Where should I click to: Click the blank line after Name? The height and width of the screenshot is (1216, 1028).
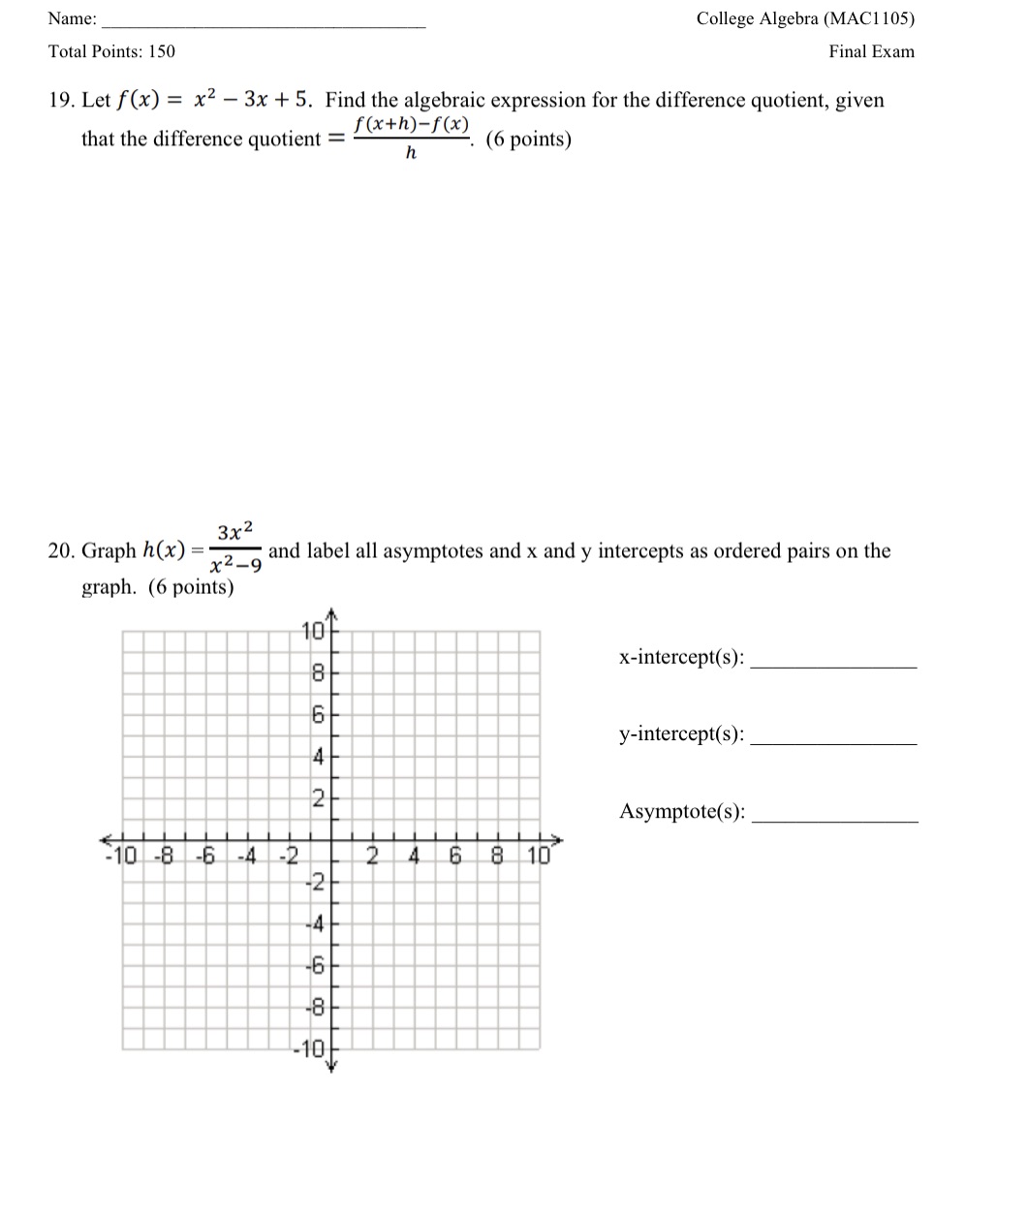point(264,23)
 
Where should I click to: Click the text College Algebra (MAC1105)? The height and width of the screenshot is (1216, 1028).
point(805,18)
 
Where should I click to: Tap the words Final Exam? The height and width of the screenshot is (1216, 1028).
point(871,52)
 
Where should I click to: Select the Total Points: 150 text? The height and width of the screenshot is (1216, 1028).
point(111,52)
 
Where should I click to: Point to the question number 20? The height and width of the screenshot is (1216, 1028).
point(61,551)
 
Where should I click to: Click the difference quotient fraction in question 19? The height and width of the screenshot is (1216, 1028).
point(412,138)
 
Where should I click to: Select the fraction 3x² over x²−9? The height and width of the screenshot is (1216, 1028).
point(235,548)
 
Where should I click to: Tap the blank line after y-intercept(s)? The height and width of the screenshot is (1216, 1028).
point(833,742)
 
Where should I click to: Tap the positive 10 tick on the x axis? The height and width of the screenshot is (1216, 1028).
point(539,856)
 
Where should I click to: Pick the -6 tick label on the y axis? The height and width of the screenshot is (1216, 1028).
point(313,966)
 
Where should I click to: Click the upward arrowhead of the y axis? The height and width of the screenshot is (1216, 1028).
point(331,613)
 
